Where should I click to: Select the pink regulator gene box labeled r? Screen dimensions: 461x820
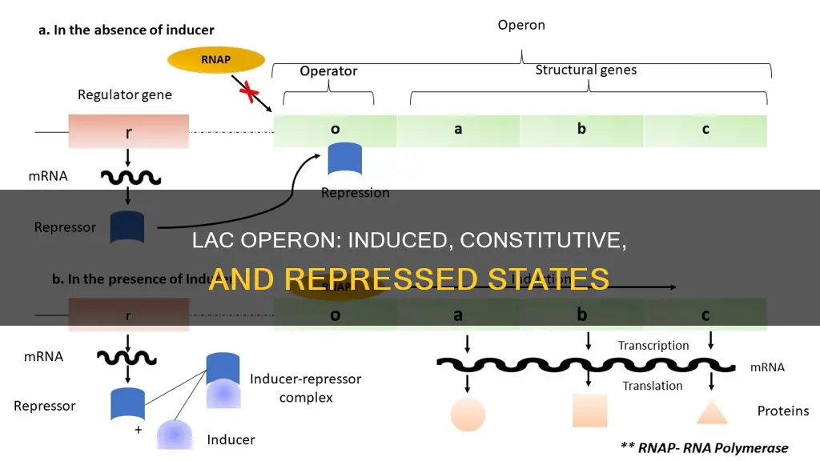[129, 130]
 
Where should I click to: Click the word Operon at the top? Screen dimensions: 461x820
[522, 25]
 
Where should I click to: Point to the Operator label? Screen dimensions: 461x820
[328, 71]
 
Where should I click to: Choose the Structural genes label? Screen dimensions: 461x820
[585, 70]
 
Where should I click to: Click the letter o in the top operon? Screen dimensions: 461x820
[335, 129]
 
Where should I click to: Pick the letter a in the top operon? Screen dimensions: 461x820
[458, 129]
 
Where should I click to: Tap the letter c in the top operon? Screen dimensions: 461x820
[705, 129]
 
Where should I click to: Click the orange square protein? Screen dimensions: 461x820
[589, 410]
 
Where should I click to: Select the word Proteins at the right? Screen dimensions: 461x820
[783, 411]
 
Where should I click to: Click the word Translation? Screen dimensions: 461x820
[653, 386]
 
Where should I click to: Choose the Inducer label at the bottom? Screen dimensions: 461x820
[231, 439]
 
